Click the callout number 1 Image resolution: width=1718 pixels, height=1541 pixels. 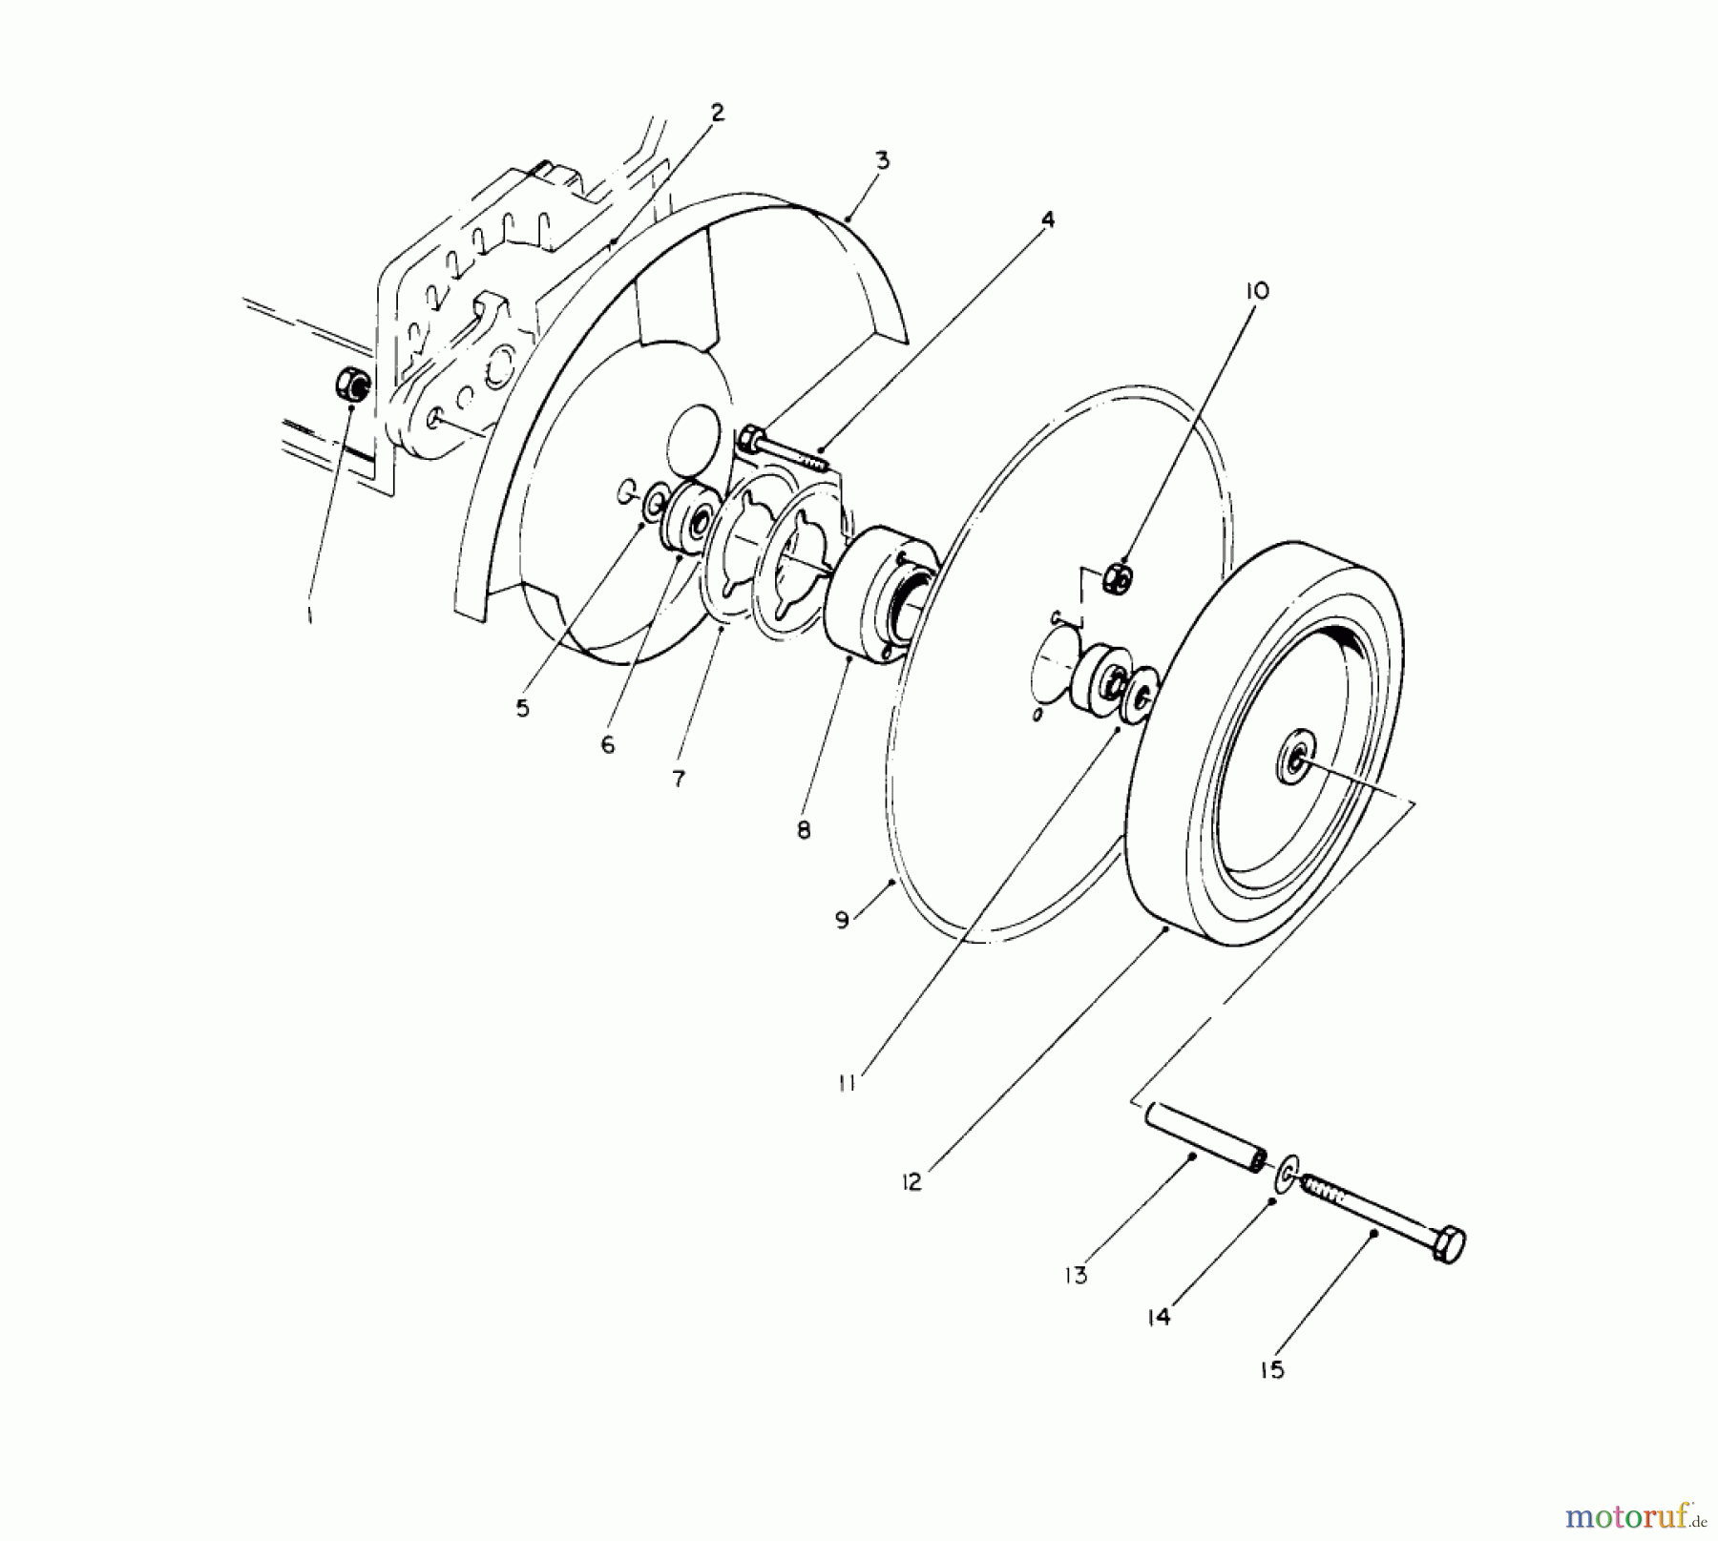pyautogui.click(x=309, y=616)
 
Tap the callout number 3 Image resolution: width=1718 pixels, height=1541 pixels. pyautogui.click(x=882, y=161)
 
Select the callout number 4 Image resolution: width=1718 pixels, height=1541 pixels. pyautogui.click(x=1047, y=220)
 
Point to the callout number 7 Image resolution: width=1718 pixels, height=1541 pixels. pyautogui.click(x=678, y=780)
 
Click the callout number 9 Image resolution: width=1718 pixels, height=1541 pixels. pyautogui.click(x=842, y=922)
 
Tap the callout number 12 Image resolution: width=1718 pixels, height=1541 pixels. pyautogui.click(x=911, y=1182)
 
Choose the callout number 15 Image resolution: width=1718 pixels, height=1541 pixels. pyautogui.click(x=1272, y=1370)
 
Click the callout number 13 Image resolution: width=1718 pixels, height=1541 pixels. pyautogui.click(x=1077, y=1276)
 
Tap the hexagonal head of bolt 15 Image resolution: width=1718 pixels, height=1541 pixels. pyautogui.click(x=1448, y=1244)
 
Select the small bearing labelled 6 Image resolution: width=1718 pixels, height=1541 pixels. pyautogui.click(x=689, y=520)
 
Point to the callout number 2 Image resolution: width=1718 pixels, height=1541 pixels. pyautogui.click(x=717, y=113)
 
